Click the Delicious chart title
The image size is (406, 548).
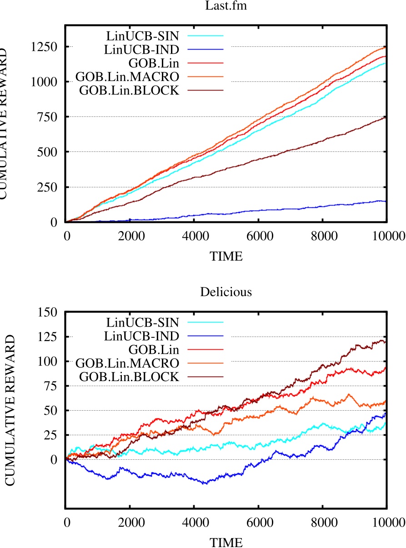(226, 292)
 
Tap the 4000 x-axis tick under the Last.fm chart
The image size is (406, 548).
(194, 236)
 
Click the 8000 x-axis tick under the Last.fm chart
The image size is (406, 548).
(322, 236)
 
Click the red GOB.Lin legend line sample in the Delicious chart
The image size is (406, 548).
(209, 349)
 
